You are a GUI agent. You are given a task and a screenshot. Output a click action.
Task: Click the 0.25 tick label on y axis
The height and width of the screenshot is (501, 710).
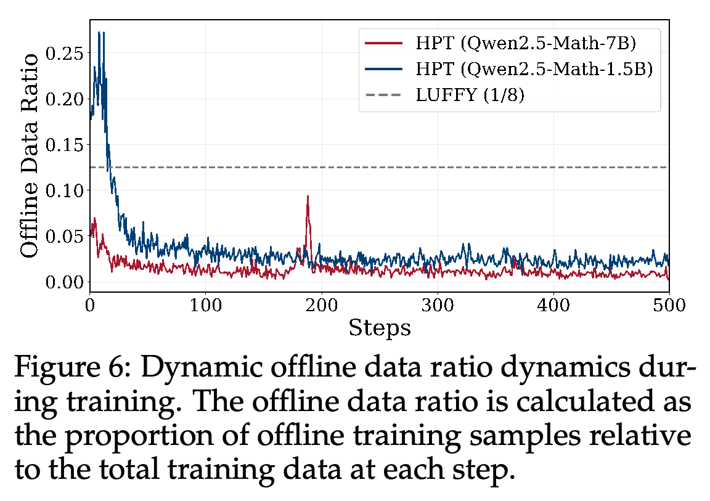tap(65, 54)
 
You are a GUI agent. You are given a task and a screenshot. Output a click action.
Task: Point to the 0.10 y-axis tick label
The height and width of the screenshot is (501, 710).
tap(65, 190)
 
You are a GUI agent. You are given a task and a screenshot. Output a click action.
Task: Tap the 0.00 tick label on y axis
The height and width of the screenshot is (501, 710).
tap(65, 282)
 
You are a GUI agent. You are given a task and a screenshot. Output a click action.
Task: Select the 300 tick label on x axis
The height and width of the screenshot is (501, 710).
tap(438, 305)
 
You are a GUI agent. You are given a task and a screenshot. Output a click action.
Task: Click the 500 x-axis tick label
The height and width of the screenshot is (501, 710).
tap(669, 305)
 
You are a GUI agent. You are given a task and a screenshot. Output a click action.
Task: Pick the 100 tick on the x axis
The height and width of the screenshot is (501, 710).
tap(206, 305)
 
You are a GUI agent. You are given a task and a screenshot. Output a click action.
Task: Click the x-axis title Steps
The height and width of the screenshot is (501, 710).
tap(380, 328)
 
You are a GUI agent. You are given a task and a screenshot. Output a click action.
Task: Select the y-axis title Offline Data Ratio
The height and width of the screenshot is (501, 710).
tap(29, 156)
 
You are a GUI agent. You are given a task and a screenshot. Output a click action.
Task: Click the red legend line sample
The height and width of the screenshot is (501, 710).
tap(383, 43)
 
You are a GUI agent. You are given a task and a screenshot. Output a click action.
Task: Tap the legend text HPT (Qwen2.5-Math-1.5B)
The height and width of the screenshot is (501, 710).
tap(534, 69)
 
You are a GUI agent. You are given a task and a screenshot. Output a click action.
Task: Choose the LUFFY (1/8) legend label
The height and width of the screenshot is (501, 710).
tap(470, 95)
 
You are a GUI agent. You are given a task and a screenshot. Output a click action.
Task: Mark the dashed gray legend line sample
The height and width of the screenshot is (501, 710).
tap(383, 95)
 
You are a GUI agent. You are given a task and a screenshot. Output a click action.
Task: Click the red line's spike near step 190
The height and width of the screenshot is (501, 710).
tap(308, 197)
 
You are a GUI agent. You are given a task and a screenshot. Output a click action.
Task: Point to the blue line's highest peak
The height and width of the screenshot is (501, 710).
tap(99, 33)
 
